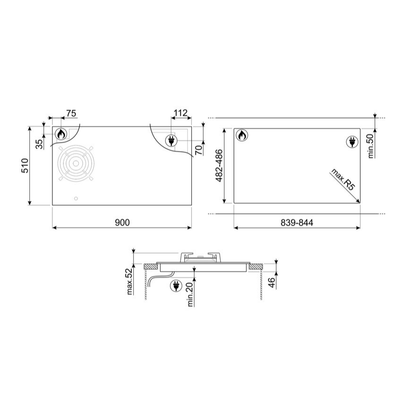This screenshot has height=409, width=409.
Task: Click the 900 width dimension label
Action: click(x=122, y=222)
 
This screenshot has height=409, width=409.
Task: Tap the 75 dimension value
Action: click(x=71, y=113)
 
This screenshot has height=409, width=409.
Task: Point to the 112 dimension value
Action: click(x=180, y=113)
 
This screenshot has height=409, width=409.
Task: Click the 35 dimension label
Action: click(x=39, y=144)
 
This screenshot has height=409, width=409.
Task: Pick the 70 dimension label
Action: click(x=199, y=150)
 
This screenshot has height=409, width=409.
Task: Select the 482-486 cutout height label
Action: click(x=219, y=166)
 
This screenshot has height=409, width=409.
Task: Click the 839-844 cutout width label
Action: click(x=297, y=222)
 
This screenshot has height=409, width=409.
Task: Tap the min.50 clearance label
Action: click(x=371, y=145)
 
